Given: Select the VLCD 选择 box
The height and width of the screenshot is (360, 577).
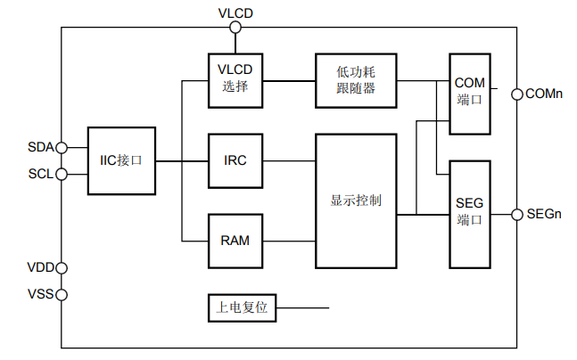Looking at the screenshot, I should coord(235,80).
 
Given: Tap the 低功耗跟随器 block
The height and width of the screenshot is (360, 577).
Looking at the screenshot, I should coord(356,80).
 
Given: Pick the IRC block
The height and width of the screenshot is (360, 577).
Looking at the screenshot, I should coord(235,161).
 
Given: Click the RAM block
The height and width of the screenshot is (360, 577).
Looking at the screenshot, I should coord(235,241).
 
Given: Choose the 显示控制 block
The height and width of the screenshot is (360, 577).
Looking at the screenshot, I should coord(356,200).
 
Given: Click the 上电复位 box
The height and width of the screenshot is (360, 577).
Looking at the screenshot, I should coord(242,309).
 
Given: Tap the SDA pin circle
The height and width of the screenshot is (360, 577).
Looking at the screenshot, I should coord(62,147).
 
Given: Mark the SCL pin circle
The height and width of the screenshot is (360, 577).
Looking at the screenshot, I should coord(62,174).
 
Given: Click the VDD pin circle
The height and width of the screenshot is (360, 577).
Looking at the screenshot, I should coord(62,267).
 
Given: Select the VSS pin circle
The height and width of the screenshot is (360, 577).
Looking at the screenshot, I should coord(62,294).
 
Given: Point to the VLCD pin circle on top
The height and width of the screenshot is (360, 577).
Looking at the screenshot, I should coord(235,28).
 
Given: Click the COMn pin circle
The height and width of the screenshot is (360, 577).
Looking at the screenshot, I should coord(516,94).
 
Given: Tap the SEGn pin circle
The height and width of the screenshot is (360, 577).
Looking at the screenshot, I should coord(516,214).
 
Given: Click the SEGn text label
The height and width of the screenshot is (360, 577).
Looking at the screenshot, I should coord(545,214).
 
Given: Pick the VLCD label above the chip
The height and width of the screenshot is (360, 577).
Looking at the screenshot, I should coord(235,12).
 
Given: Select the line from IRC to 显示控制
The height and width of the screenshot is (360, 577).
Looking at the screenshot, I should coord(290,161).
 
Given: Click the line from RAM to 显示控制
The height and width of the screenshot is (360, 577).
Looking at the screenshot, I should coord(290,241).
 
